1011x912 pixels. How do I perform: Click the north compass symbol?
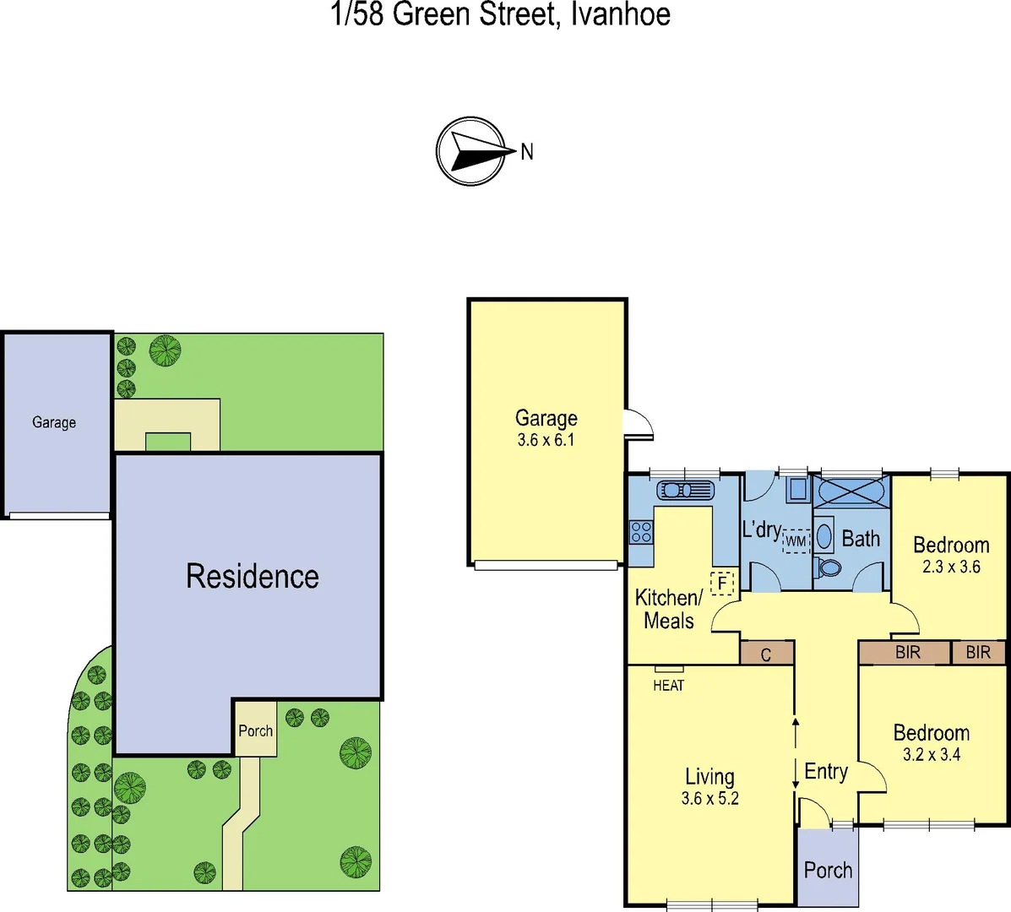point(471,151)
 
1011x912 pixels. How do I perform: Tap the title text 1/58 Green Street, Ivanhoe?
point(502,14)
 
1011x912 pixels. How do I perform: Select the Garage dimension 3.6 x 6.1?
point(546,440)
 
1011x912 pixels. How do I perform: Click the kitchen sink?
point(685,490)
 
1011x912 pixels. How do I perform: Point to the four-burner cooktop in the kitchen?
point(641,532)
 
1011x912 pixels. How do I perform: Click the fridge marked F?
point(722,583)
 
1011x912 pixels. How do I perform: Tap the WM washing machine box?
point(796,540)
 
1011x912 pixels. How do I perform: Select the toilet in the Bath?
point(829,567)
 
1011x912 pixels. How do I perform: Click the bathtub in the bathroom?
point(851,491)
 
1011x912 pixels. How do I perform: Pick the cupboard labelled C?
point(766,654)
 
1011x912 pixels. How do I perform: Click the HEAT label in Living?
point(668,685)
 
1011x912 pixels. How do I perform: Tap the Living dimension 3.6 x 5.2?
point(709,799)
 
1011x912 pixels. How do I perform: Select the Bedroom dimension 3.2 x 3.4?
point(932,755)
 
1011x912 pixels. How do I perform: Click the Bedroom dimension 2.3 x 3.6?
point(951,567)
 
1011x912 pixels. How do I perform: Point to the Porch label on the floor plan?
point(828,870)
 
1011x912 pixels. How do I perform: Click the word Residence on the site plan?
point(253,577)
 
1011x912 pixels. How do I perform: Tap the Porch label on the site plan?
point(255,731)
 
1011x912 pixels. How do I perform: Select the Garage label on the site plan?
point(54,422)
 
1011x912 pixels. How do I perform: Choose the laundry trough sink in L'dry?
point(797,489)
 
